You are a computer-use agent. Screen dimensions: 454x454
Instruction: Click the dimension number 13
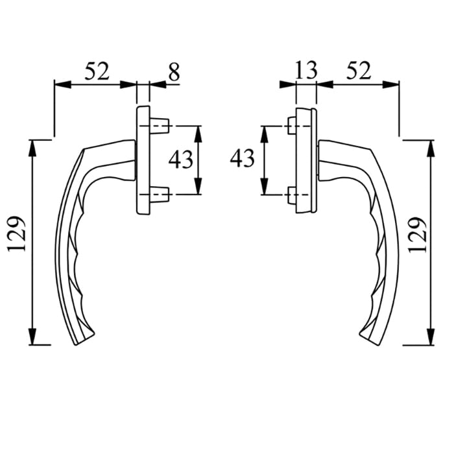pyautogui.click(x=306, y=70)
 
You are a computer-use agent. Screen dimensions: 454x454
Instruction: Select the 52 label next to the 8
pyautogui.click(x=96, y=71)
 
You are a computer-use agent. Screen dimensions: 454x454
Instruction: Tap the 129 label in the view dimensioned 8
pyautogui.click(x=18, y=233)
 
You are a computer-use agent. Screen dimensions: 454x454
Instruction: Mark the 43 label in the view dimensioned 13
pyautogui.click(x=243, y=158)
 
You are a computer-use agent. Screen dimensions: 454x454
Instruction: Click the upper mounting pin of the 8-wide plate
pyautogui.click(x=160, y=125)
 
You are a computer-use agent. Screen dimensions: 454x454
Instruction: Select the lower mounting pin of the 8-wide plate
pyautogui.click(x=160, y=193)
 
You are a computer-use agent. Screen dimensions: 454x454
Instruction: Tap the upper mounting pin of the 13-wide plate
pyautogui.click(x=291, y=125)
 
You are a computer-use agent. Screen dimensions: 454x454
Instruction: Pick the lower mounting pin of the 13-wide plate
pyautogui.click(x=291, y=194)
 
